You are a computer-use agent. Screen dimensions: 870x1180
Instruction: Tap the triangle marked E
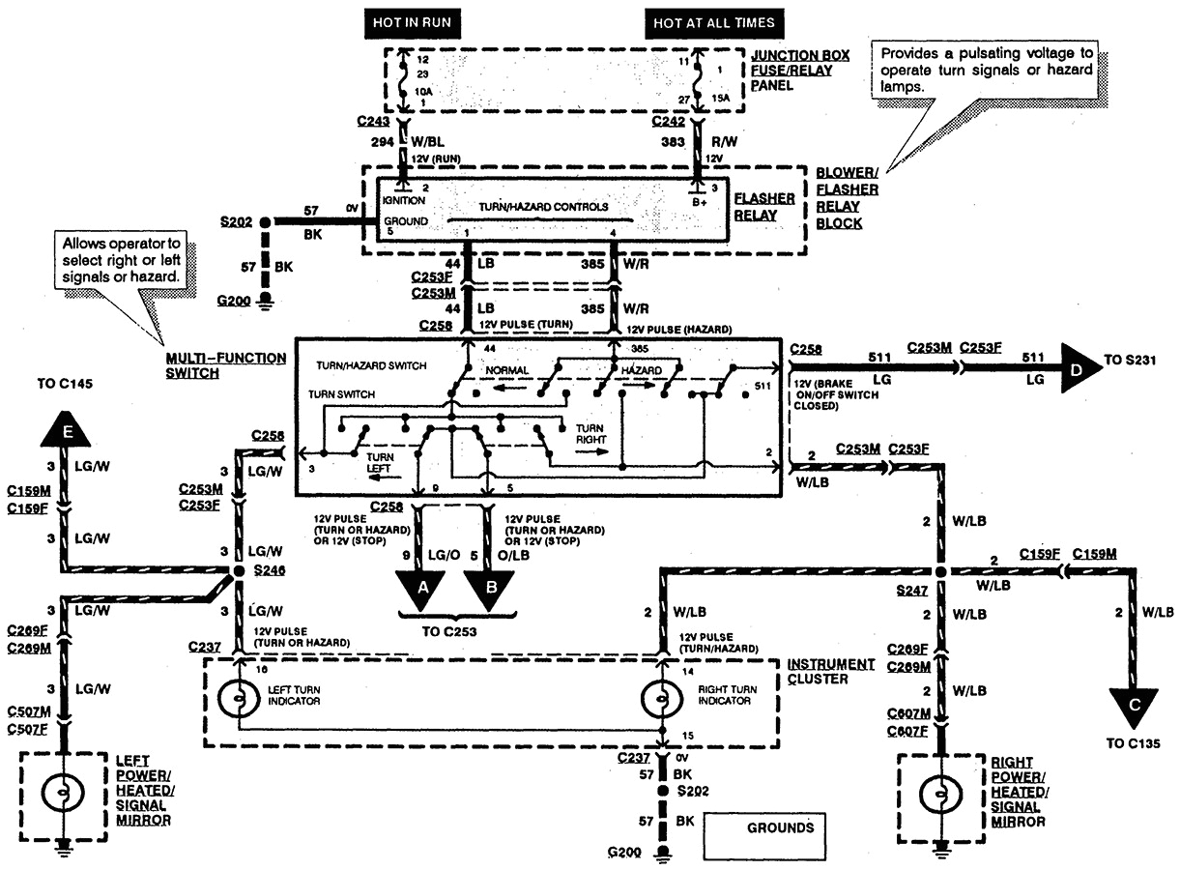coord(66,430)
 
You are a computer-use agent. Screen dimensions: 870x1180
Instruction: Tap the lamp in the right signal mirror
coord(941,796)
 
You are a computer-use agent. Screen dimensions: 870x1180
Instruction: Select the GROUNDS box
coord(780,828)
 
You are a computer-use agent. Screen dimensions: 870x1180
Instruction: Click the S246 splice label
coord(268,571)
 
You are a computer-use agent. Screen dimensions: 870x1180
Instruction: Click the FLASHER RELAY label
coord(765,206)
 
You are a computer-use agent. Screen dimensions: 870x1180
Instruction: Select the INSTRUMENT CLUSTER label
coord(830,671)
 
